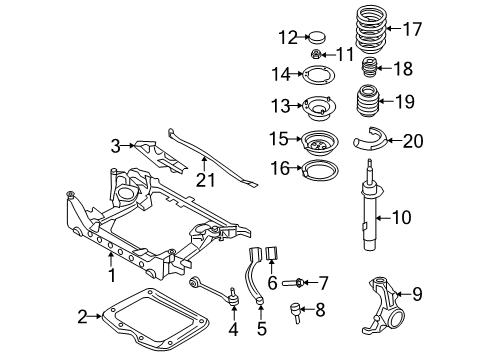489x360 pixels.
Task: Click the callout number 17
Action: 413,29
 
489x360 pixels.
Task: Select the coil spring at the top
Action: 371,29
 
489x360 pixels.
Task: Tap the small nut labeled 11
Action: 316,54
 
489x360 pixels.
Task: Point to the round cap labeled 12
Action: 317,37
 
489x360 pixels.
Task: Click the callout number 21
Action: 205,180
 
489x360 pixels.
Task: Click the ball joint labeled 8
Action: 296,312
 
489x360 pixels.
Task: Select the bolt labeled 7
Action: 293,283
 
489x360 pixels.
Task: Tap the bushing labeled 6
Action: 272,253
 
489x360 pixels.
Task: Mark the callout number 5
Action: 262,329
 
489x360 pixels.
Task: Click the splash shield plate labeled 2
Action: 156,318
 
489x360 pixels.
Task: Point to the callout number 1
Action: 112,276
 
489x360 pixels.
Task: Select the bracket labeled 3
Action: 159,155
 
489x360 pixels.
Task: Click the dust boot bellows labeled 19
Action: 365,102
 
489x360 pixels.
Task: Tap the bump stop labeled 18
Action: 369,68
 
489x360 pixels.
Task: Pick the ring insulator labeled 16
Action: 320,169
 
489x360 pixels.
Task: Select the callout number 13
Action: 280,106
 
